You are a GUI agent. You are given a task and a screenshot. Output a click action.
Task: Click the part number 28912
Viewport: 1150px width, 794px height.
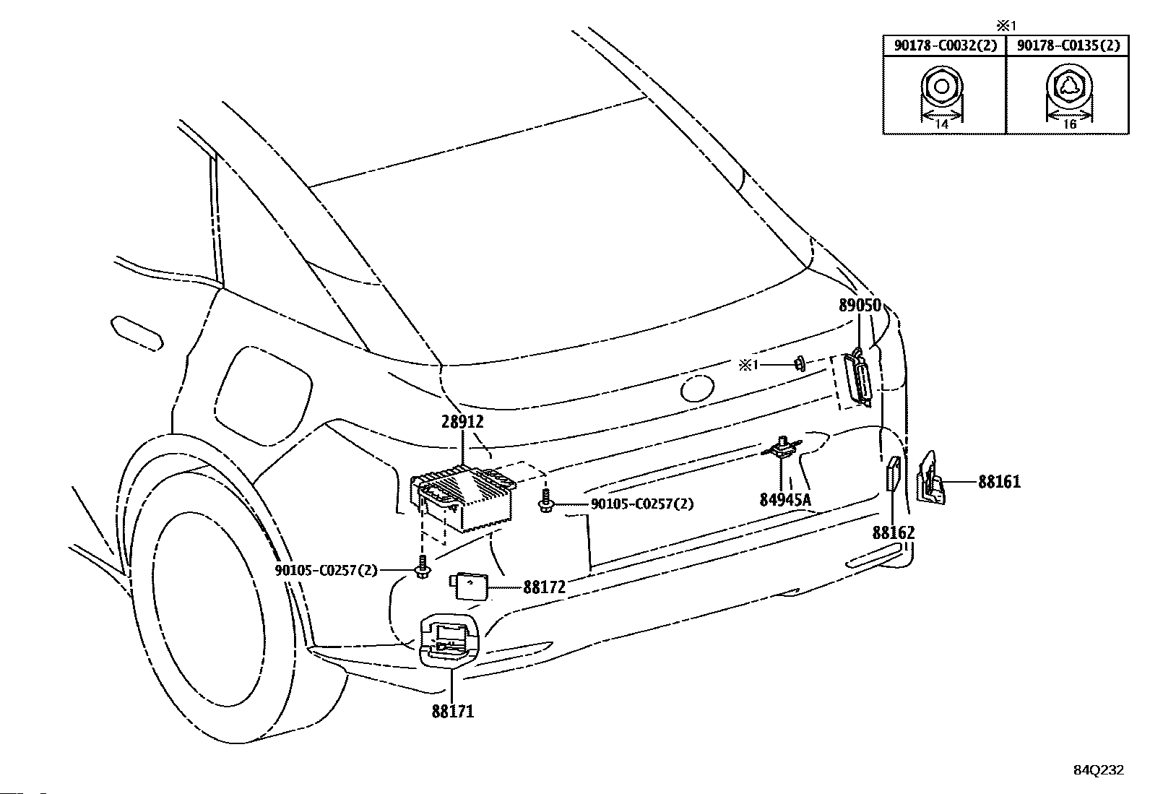point(462,422)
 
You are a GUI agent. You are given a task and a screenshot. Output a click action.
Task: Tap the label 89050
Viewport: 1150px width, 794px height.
point(860,305)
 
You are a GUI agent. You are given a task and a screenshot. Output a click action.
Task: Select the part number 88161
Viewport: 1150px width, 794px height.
point(999,482)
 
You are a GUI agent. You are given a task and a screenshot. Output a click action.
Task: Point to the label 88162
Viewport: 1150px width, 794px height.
point(894,532)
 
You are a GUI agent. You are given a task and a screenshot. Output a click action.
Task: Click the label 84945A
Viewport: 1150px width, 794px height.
point(785,499)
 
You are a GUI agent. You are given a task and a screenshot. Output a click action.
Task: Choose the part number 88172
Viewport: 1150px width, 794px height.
point(544,587)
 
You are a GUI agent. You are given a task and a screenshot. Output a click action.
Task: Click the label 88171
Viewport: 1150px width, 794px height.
point(453,712)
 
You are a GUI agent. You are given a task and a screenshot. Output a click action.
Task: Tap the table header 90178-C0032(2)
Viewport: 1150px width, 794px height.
point(945,46)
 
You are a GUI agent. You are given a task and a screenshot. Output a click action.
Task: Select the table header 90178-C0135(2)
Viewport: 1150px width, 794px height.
point(1068,46)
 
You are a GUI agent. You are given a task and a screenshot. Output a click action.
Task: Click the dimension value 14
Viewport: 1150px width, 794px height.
point(941,124)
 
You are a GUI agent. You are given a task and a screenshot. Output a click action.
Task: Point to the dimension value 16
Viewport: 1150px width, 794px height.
point(1069,124)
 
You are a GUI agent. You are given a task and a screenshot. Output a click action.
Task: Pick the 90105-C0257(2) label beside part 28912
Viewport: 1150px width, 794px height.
point(641,504)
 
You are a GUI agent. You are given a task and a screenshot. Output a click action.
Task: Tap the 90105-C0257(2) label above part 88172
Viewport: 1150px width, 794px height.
point(326,570)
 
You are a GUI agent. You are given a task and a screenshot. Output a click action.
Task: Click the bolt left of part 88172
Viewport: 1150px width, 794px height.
point(422,568)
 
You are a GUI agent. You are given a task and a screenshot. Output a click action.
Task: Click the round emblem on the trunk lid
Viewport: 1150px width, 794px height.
point(697,389)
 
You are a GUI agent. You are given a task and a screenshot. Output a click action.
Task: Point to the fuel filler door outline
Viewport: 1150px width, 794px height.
point(263,397)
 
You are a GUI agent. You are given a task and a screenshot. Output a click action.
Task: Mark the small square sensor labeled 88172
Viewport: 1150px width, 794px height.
point(469,586)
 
